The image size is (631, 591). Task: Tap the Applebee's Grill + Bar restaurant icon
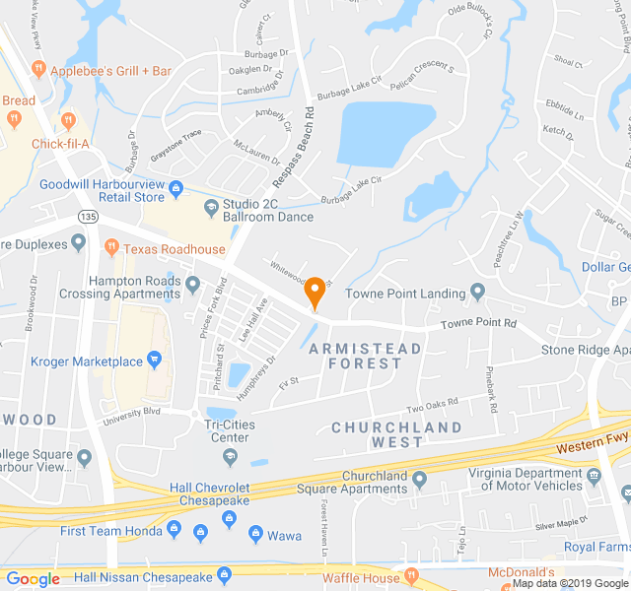[38, 70]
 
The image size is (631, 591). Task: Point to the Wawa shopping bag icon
[255, 535]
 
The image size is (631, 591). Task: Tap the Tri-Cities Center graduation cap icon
[230, 456]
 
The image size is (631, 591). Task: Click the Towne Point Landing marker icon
[478, 293]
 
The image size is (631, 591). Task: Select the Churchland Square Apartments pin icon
[420, 480]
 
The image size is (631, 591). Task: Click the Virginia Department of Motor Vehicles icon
[594, 478]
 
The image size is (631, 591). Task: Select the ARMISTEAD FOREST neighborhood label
[365, 356]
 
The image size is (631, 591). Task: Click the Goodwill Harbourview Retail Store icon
[176, 188]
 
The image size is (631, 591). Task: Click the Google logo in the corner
[33, 579]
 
